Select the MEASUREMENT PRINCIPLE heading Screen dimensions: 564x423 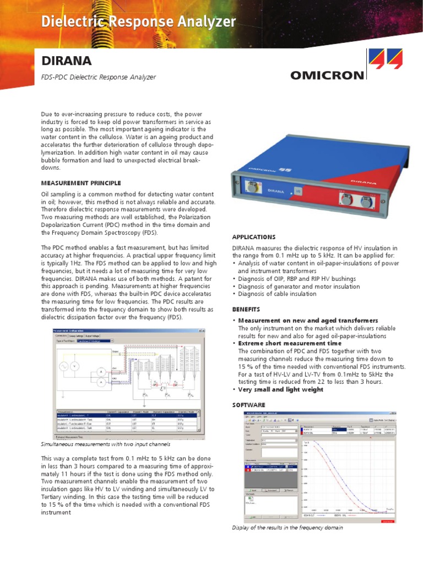coord(81,183)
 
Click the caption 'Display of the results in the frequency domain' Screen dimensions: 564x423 coord(287,528)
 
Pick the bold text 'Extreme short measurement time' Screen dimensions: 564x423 coord(286,343)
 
